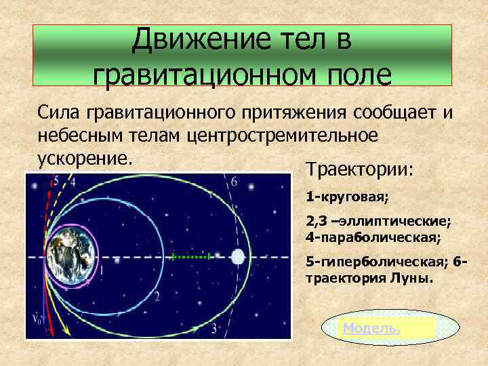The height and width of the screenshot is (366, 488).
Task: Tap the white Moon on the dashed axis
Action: pos(238,257)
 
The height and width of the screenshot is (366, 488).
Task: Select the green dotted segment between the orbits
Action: pos(192,257)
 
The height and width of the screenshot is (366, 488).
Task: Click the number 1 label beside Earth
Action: pos(102,270)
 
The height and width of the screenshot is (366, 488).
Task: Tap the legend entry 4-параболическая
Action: pos(364,239)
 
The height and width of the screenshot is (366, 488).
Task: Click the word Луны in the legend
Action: pos(409,278)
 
